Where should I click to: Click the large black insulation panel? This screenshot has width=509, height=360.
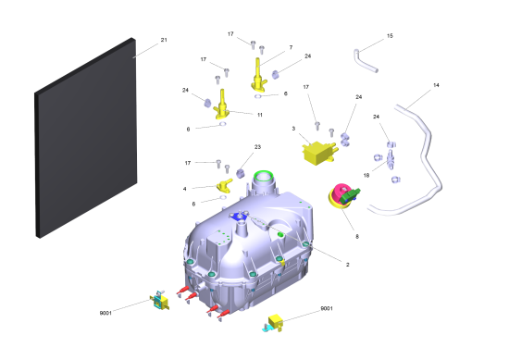coord(86,138)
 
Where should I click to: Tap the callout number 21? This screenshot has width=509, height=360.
coord(164,40)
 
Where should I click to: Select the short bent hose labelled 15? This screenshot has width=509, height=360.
coord(366,62)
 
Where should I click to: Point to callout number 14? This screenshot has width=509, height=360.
coord(436,85)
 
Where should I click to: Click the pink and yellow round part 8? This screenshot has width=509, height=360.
coord(342,195)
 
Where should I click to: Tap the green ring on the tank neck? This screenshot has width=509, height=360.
coord(264,176)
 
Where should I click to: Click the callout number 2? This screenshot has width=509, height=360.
coord(347,265)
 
